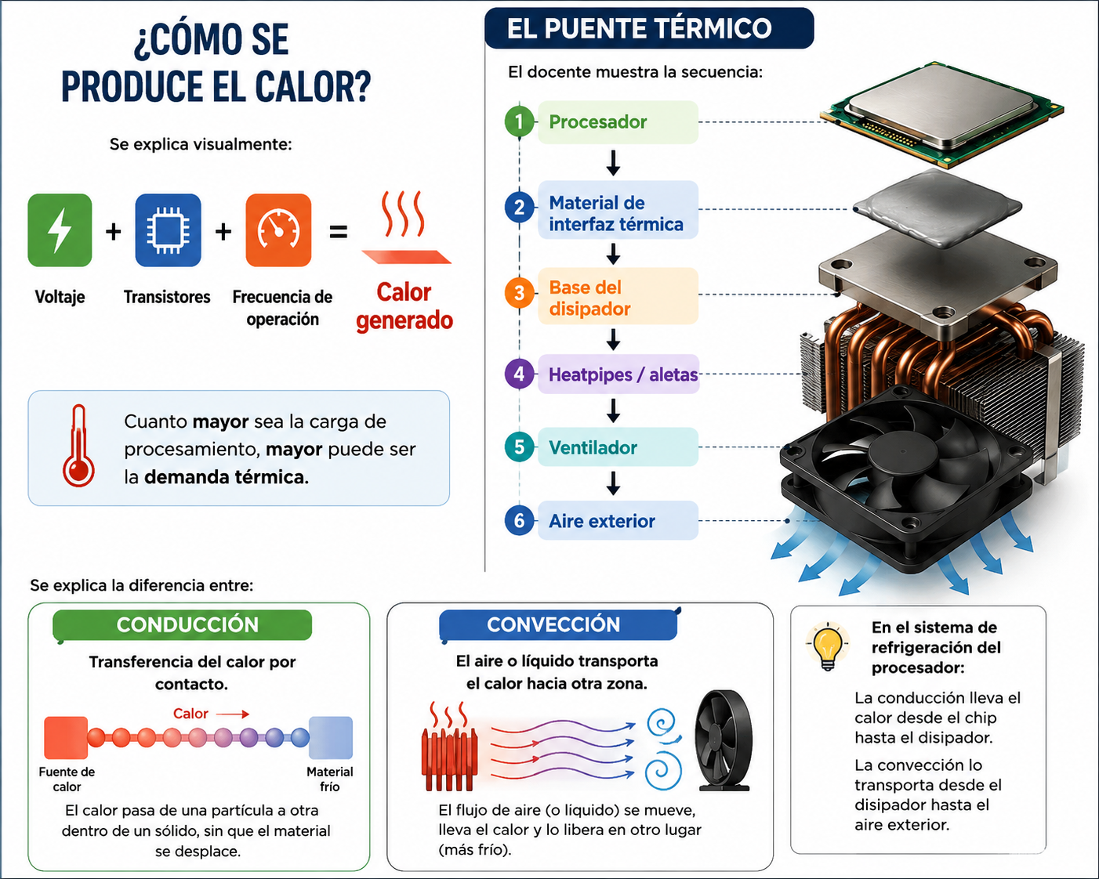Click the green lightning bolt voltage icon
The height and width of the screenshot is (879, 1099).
(x=60, y=230)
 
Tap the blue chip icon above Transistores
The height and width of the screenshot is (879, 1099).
(x=168, y=230)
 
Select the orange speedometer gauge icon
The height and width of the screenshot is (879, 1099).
(x=278, y=230)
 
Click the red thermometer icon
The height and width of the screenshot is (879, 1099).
(x=78, y=446)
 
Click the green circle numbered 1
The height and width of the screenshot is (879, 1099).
(x=520, y=121)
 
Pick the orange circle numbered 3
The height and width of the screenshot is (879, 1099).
(x=520, y=293)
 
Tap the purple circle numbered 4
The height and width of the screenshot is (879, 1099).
(x=520, y=374)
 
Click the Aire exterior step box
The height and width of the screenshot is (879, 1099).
(x=618, y=521)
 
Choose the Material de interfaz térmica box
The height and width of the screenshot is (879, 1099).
(x=618, y=210)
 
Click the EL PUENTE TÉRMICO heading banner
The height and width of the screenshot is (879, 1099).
(x=649, y=28)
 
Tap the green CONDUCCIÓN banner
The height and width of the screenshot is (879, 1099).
(x=183, y=625)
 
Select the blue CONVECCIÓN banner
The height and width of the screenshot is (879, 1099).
(x=558, y=625)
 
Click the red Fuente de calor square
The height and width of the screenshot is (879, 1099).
(x=66, y=738)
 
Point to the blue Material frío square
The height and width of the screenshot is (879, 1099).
(x=331, y=738)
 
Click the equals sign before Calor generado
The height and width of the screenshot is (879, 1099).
(x=339, y=232)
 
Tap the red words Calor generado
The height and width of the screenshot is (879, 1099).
(x=404, y=306)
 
